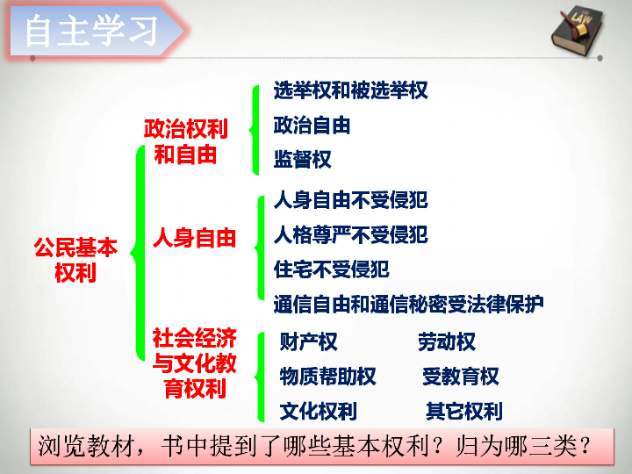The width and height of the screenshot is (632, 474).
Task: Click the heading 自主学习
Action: coord(91,31)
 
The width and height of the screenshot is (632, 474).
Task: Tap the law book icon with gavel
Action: coord(577,30)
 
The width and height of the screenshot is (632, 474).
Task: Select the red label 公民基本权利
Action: coord(75,260)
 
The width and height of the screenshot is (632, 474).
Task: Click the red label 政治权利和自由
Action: coord(186,141)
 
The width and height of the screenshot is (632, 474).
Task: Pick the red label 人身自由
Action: coord(194,237)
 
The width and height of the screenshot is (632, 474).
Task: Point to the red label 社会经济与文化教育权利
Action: coord(194,363)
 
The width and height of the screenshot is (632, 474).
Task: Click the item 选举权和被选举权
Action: coord(350,90)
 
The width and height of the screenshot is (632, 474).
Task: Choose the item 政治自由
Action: coord(312,125)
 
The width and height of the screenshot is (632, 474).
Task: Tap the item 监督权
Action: coord(302,159)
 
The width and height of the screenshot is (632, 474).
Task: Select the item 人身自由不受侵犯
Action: coord(350,200)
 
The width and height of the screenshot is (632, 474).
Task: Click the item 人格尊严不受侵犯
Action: coord(350,234)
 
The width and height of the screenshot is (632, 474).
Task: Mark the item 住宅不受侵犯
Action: coord(331,269)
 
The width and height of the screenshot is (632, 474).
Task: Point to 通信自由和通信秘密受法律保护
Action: coord(409,304)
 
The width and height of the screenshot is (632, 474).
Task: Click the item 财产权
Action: coord(308,341)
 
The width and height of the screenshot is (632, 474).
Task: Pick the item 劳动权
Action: coord(447,341)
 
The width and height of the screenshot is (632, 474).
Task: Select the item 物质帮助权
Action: coord(327,377)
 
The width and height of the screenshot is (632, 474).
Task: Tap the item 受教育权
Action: coord(461,377)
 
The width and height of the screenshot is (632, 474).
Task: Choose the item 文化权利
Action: coord(318,412)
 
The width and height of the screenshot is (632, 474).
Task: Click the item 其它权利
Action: coord(464,412)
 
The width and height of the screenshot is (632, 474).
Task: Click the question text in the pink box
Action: coord(314,446)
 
